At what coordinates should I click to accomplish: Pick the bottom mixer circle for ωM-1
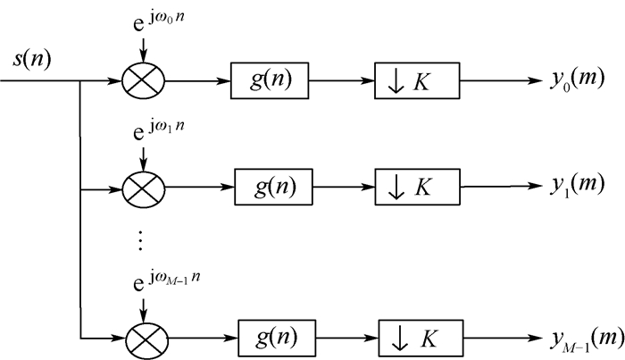[x=142, y=339]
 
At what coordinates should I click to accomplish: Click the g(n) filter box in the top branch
[x=269, y=83]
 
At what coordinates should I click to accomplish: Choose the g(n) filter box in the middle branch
[x=272, y=188]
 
